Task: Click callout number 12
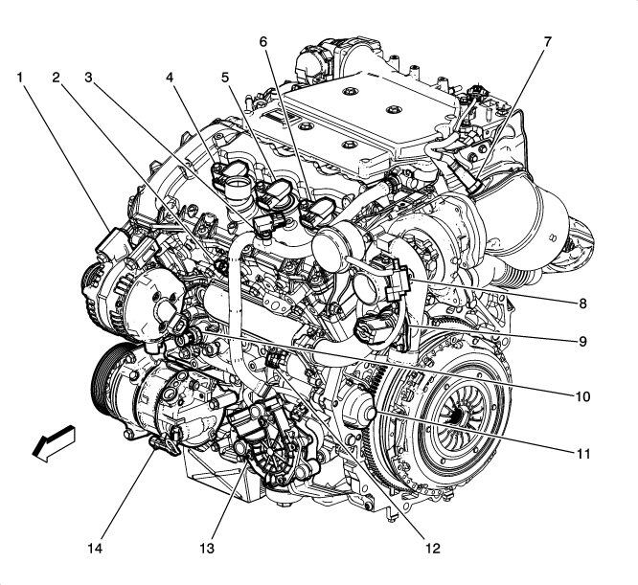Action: coord(433,549)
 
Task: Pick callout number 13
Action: coord(208,549)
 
